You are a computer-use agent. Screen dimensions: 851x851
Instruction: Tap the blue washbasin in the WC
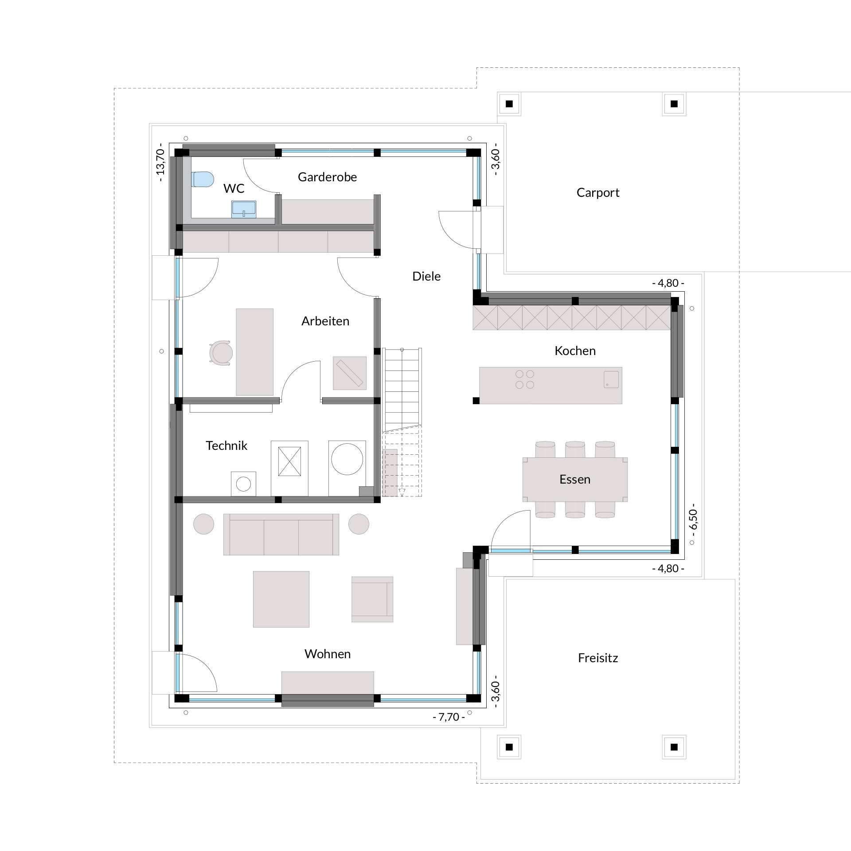244,209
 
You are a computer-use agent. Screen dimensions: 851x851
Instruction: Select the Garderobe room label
327,177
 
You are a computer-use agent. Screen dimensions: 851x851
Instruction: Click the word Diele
426,276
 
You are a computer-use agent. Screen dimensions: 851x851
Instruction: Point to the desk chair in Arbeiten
221,352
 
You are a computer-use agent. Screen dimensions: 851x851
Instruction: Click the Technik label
226,445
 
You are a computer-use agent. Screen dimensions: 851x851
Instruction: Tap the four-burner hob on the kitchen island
525,379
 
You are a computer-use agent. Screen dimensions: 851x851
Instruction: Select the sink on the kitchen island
611,379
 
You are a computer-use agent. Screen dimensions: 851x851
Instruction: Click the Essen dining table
575,480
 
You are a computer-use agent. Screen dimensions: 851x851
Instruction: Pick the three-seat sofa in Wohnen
281,534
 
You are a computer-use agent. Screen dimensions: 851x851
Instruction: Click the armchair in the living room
372,599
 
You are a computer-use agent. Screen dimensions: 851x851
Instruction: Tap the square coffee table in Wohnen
281,599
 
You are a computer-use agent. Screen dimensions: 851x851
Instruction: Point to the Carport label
598,192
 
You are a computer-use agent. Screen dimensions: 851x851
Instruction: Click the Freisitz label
598,658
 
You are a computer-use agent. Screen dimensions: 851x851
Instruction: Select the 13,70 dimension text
160,162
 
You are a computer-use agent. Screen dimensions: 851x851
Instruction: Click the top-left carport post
509,104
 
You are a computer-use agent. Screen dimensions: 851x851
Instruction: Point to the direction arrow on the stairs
402,491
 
